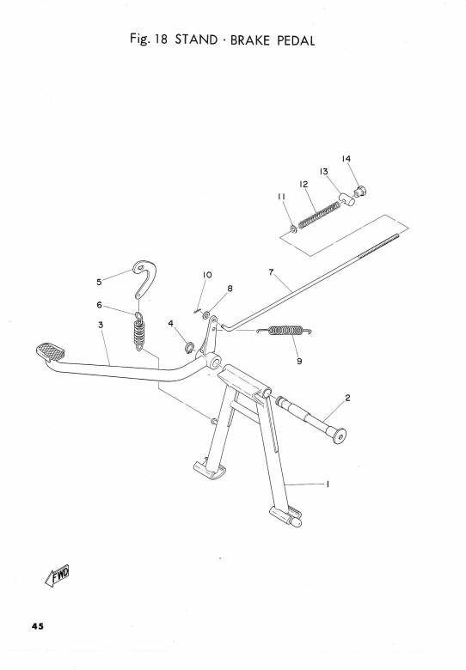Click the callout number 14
click(x=346, y=159)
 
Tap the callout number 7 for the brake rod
click(x=271, y=271)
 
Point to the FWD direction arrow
click(x=57, y=576)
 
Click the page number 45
click(x=37, y=626)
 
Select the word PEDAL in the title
click(x=296, y=40)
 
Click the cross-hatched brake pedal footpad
click(x=51, y=351)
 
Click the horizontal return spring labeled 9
click(x=285, y=331)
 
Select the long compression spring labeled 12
click(x=319, y=216)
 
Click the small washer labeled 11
click(x=293, y=229)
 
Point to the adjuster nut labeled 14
click(x=360, y=191)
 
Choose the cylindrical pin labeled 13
click(x=347, y=198)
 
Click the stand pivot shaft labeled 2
click(x=310, y=420)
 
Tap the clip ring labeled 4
click(x=189, y=347)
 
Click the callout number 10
click(x=207, y=275)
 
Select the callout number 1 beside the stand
click(x=328, y=484)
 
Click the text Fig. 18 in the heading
click(x=149, y=40)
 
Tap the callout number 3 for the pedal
click(x=101, y=325)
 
